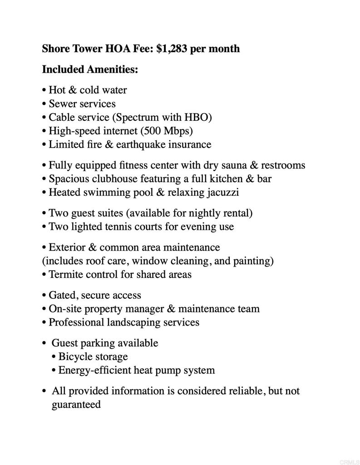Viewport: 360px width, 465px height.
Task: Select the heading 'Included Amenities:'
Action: click(90, 69)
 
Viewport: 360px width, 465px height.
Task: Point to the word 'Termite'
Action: click(66, 274)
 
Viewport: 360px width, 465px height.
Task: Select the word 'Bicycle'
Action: click(76, 356)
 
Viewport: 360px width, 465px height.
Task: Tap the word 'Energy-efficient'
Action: click(94, 370)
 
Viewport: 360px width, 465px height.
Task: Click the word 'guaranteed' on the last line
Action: click(76, 405)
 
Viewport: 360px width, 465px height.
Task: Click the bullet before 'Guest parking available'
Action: click(44, 343)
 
